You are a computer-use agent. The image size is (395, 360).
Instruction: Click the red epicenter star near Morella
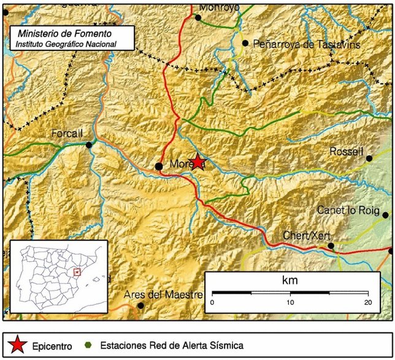pos(197,162)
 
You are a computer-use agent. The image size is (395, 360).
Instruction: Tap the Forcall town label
pos(67,134)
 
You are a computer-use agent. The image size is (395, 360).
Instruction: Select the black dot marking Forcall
pos(90,145)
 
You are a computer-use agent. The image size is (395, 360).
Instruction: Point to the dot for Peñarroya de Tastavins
pos(245,43)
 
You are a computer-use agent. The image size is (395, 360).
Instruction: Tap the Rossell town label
pos(347,151)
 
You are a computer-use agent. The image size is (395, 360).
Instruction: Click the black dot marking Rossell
pos(369,158)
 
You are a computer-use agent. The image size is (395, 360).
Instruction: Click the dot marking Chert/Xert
pos(331,246)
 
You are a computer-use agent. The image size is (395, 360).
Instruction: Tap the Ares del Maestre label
pos(163,295)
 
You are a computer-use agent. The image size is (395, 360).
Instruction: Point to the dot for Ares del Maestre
pos(140,305)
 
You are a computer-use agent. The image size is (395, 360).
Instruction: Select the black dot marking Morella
pos(158,166)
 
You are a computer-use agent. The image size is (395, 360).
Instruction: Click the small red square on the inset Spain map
pos(77,272)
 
